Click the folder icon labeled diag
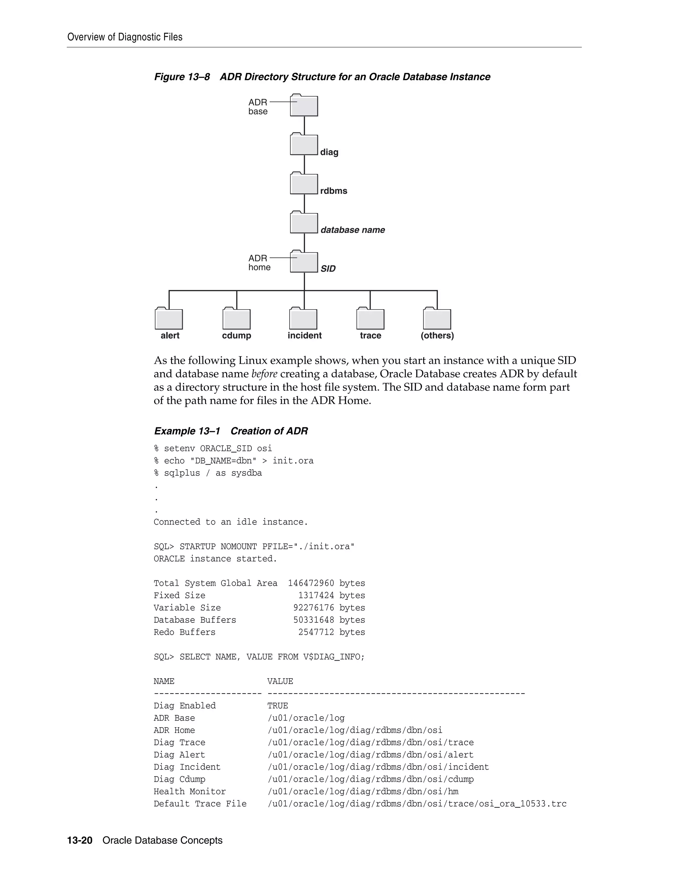pyautogui.click(x=304, y=144)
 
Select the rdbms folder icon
pyautogui.click(x=304, y=183)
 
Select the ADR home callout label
pyautogui.click(x=259, y=263)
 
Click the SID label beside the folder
pyautogui.click(x=328, y=269)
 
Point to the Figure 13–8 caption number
pyautogui.click(x=182, y=77)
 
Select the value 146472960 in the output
pyautogui.click(x=311, y=583)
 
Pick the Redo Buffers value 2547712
pyautogui.click(x=316, y=632)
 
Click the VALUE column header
pyautogui.click(x=280, y=681)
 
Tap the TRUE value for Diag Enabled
pyautogui.click(x=278, y=706)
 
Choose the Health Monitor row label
pyautogui.click(x=189, y=791)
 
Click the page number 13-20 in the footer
pyautogui.click(x=80, y=840)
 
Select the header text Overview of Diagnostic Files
pyautogui.click(x=125, y=37)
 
